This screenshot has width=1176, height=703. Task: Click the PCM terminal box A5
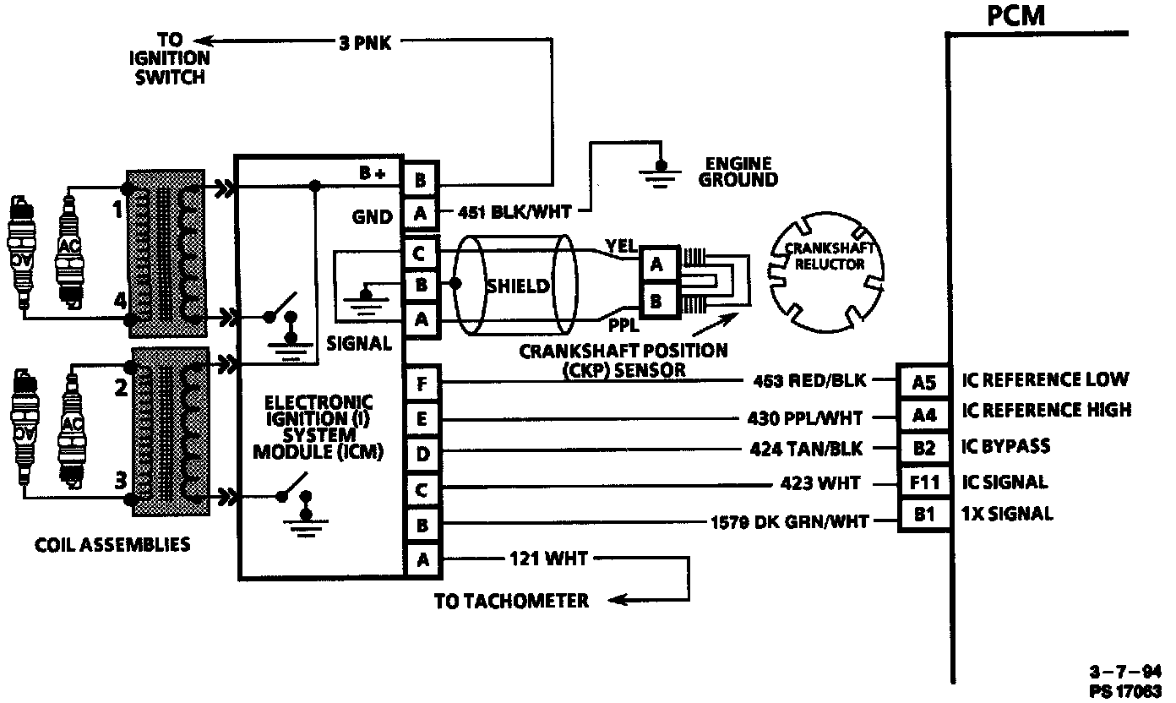click(x=925, y=382)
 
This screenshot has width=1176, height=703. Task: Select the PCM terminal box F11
click(x=925, y=483)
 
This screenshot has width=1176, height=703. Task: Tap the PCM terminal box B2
click(x=925, y=449)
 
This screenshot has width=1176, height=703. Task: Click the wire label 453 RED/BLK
click(x=809, y=381)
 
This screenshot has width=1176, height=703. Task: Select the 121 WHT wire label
click(x=548, y=558)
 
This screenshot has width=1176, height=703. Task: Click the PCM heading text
click(x=1016, y=16)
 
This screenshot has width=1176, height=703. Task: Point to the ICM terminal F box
click(x=421, y=384)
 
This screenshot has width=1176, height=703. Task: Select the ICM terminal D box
click(x=421, y=455)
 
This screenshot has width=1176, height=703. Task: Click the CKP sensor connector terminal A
click(x=656, y=265)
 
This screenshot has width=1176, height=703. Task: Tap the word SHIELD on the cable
click(x=517, y=286)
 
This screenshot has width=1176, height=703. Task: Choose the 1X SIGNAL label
click(x=1007, y=514)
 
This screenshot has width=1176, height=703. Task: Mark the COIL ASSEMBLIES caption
click(x=112, y=544)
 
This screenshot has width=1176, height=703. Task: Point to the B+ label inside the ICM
click(x=372, y=174)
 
